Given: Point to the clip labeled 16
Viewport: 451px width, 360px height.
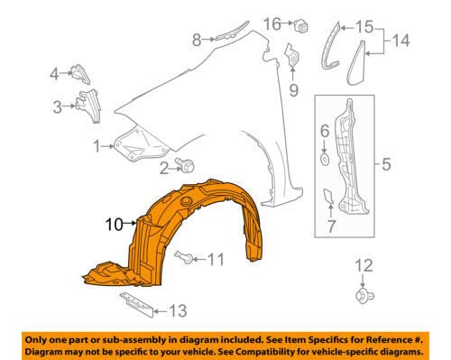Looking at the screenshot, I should [x=300, y=22].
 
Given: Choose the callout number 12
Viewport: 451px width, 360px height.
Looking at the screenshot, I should [x=364, y=263].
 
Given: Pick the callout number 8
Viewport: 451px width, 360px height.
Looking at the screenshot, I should [x=196, y=38].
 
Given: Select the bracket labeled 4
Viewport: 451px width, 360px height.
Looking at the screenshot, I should [x=79, y=73].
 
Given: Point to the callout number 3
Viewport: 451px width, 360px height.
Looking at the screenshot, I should [x=57, y=107].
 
